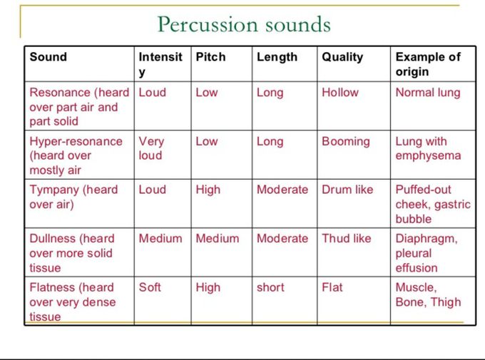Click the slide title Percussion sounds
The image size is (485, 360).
point(244,24)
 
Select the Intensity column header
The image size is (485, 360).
point(160,64)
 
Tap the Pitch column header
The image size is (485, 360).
point(210,57)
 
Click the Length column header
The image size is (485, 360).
point(277,58)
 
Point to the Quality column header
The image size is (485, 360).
point(342,58)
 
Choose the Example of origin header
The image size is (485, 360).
point(428,64)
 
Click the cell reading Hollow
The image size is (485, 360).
point(340,93)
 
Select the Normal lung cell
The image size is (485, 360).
point(428,93)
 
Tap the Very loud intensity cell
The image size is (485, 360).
point(151,148)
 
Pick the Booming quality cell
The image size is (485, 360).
point(346,142)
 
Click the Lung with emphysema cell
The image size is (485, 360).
point(428,148)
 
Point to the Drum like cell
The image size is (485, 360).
point(347,190)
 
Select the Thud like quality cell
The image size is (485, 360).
point(346,238)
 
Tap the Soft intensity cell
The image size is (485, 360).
point(150,287)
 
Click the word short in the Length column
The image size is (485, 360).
point(270,287)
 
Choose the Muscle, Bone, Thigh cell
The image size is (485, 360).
point(428,294)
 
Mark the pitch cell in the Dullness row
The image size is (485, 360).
point(217,238)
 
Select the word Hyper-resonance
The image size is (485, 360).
point(76,142)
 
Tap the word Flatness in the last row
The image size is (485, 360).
point(51,287)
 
